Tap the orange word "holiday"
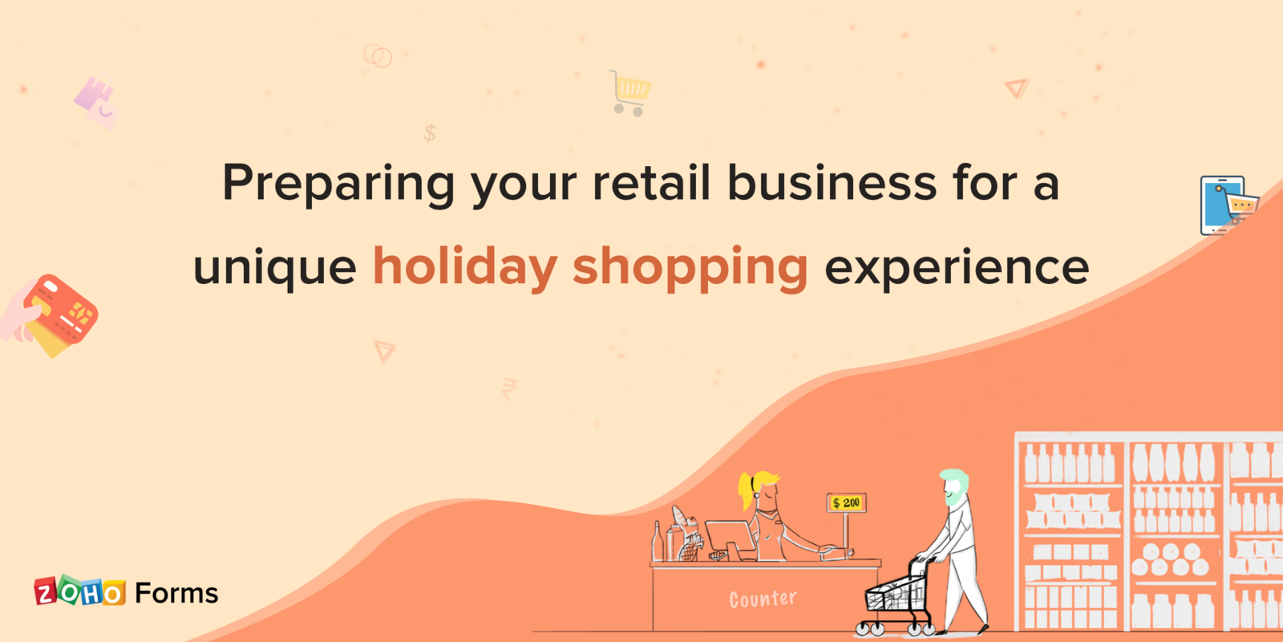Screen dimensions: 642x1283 point(464,266)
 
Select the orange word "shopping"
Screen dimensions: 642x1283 point(690,268)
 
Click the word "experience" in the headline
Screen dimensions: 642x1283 point(957,268)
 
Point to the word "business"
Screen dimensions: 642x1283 point(832,182)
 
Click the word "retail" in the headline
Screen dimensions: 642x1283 point(651,182)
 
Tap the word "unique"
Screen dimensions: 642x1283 point(275,268)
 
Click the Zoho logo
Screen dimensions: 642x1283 point(79,592)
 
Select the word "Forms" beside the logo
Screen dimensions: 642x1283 point(176,593)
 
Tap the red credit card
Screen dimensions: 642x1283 point(61,310)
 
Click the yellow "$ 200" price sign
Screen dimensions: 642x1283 point(846,503)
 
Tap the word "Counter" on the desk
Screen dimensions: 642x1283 point(763,599)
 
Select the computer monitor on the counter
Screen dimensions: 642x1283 point(730,538)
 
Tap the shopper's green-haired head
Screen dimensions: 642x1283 point(954,486)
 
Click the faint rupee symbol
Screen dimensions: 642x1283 point(509,388)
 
